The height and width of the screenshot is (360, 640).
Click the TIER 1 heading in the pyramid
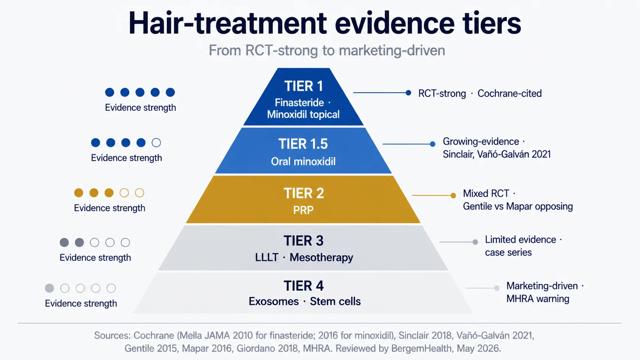pyautogui.click(x=304, y=86)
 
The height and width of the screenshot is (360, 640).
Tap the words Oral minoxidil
pyautogui.click(x=303, y=161)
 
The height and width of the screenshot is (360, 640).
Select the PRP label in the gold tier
pyautogui.click(x=303, y=210)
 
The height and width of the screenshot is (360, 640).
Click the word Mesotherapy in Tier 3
pyautogui.click(x=322, y=258)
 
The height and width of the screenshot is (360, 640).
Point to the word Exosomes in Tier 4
pyautogui.click(x=274, y=301)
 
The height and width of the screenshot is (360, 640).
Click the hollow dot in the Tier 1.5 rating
pyautogui.click(x=156, y=142)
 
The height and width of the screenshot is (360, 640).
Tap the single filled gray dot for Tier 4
pyautogui.click(x=49, y=288)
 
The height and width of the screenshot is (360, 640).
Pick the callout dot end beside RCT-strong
pyautogui.click(x=408, y=93)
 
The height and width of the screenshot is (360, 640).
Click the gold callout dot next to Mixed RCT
pyautogui.click(x=453, y=195)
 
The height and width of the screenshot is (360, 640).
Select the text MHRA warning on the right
pyautogui.click(x=538, y=299)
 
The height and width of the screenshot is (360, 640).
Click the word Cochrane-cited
pyautogui.click(x=509, y=93)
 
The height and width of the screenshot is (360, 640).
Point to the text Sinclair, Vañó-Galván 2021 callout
pyautogui.click(x=496, y=154)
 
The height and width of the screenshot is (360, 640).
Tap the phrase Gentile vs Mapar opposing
pyautogui.click(x=518, y=207)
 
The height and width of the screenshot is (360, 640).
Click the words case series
pyautogui.click(x=508, y=252)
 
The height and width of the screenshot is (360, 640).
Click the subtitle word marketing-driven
pyautogui.click(x=392, y=50)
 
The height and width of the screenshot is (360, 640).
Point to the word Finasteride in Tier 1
pyautogui.click(x=299, y=103)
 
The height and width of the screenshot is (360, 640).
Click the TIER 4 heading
pyautogui.click(x=304, y=286)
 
